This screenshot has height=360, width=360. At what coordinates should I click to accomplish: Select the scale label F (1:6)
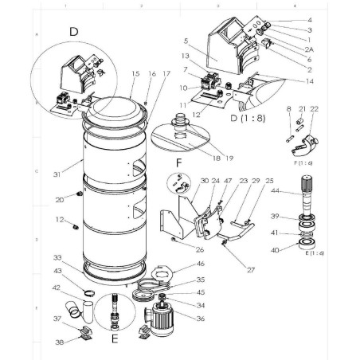302,162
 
